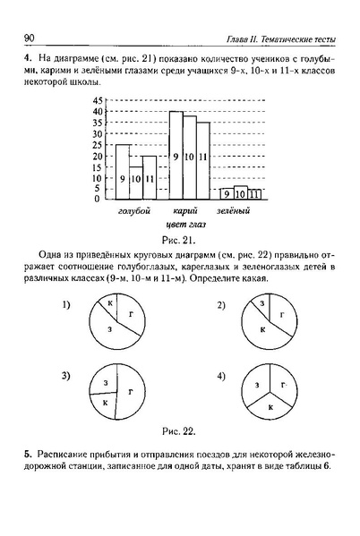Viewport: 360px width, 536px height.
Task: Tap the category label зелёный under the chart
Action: coord(234,210)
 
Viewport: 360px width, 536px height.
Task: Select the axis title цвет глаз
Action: coord(183,223)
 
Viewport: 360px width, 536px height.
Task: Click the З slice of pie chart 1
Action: coord(108,330)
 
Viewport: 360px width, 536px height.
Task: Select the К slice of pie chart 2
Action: coord(263,329)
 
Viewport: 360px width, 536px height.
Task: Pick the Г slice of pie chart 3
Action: coord(130,391)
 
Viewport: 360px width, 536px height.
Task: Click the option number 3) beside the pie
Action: coord(66,375)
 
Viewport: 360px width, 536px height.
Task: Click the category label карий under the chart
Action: coord(186,210)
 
